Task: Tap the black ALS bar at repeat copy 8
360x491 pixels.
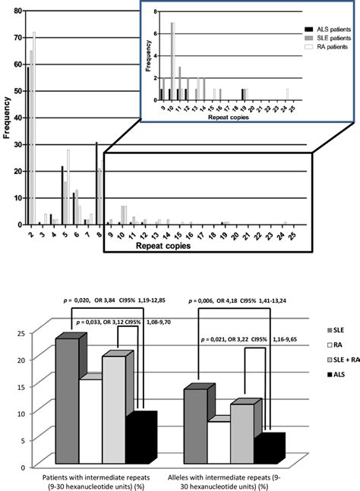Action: point(96,183)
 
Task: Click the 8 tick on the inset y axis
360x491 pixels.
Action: point(154,13)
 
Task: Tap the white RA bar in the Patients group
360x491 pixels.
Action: point(90,420)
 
